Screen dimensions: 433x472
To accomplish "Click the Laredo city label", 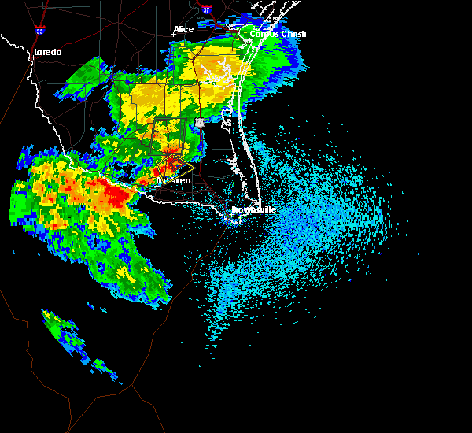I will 47,53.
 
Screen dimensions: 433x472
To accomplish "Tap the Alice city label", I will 183,30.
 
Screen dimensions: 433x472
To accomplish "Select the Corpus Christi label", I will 278,35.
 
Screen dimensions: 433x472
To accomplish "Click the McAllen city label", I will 175,181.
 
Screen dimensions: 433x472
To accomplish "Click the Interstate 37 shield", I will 206,9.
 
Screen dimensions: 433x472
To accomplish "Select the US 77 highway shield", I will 200,123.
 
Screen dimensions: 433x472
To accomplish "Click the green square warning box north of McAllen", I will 168,134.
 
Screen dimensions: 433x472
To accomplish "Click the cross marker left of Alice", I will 174,34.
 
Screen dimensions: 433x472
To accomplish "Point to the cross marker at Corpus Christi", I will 242,34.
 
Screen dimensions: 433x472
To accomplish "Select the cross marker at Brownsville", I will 232,210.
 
